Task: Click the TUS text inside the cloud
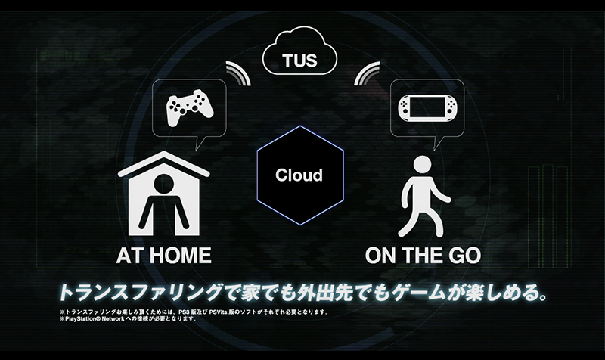click(x=299, y=61)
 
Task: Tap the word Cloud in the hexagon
click(x=299, y=175)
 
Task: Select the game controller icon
click(x=190, y=108)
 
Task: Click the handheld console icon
click(x=427, y=107)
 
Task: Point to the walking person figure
click(x=423, y=196)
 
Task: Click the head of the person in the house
click(x=164, y=184)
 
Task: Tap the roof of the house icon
click(x=164, y=163)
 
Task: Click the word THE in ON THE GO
click(x=420, y=256)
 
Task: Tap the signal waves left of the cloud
click(x=238, y=73)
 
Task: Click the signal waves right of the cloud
click(x=367, y=73)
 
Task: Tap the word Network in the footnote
click(x=113, y=318)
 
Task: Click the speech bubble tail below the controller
click(x=200, y=142)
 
